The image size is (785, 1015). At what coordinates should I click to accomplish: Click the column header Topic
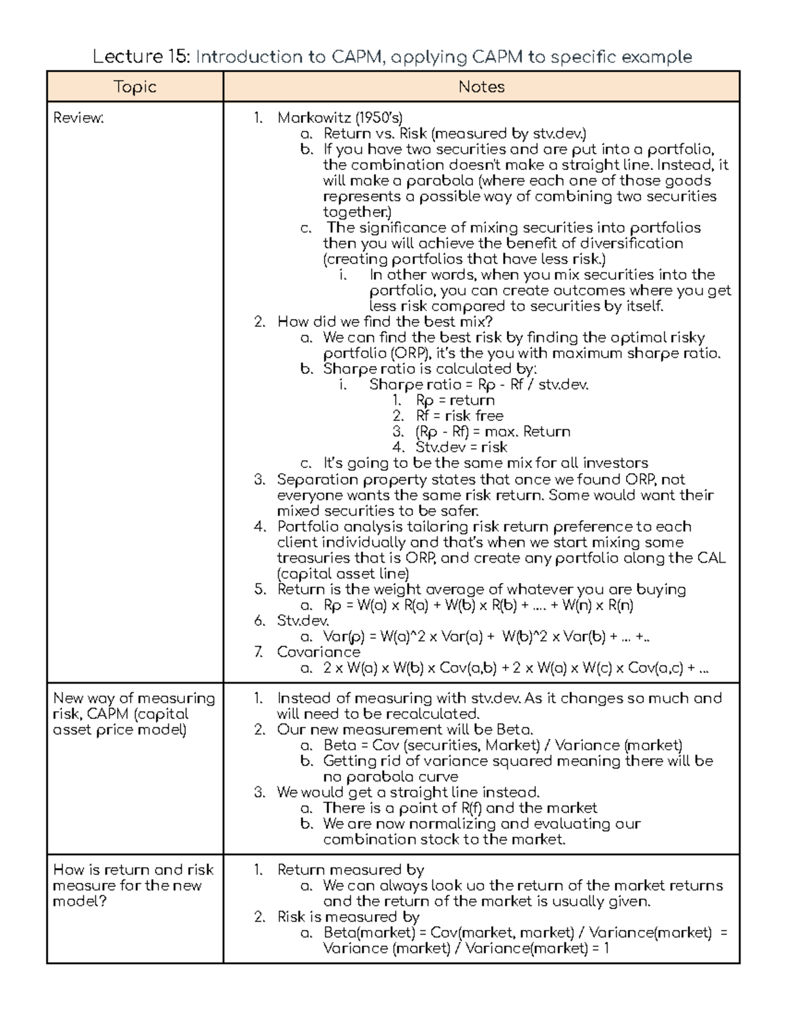[135, 87]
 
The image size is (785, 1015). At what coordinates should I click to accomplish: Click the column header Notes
[481, 87]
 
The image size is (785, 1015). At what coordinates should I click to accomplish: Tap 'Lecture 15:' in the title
[141, 57]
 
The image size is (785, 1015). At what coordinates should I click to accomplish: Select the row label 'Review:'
[78, 118]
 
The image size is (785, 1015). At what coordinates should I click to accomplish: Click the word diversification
[632, 244]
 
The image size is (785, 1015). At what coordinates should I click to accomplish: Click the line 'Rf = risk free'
[459, 416]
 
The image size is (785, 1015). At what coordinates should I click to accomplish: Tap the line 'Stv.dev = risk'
[461, 448]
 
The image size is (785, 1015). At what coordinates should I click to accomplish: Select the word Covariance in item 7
[319, 652]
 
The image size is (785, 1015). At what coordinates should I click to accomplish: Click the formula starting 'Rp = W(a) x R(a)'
[478, 605]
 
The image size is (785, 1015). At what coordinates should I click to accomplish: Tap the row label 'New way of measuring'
[133, 699]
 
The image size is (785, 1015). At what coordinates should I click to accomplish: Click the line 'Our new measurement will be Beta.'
[405, 730]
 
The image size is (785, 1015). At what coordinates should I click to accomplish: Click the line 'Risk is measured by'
[348, 917]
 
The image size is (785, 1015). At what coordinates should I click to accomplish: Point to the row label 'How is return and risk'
[133, 870]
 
